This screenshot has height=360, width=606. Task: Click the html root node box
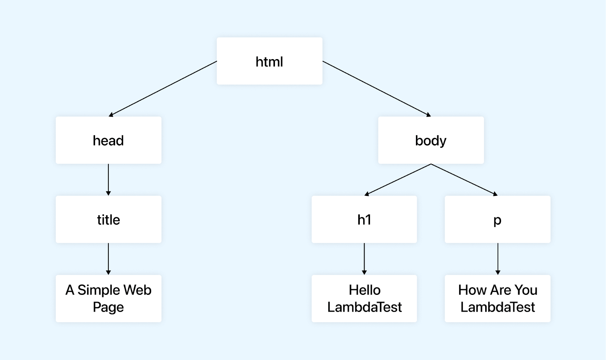[269, 61]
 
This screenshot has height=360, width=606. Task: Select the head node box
[108, 140]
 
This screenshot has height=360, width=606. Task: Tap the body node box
[431, 140]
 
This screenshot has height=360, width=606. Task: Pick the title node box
[108, 219]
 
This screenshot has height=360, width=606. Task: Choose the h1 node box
[364, 219]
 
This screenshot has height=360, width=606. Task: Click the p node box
[497, 219]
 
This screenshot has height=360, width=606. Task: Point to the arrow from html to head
[163, 88]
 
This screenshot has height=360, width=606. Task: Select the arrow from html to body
[377, 88]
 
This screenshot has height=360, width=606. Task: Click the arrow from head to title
[108, 180]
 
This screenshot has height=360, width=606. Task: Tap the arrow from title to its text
[108, 259]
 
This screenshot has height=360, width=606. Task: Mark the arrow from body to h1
[398, 180]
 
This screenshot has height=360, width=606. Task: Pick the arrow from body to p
[464, 180]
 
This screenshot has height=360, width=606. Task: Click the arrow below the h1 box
[364, 259]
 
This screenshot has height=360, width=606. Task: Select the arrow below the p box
[498, 259]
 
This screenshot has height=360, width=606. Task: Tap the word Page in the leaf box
[108, 307]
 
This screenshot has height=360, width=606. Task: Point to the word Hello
[364, 290]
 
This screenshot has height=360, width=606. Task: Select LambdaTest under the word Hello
[364, 307]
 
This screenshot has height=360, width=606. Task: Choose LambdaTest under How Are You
[498, 307]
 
